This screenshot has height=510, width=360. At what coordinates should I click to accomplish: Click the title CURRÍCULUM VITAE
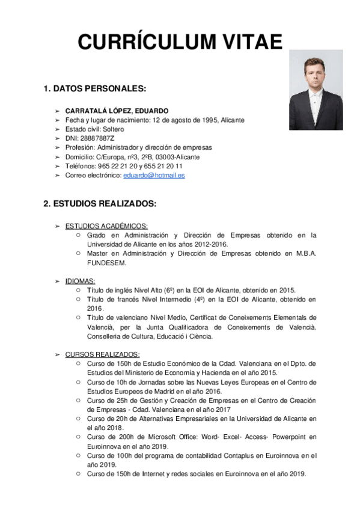click(180, 42)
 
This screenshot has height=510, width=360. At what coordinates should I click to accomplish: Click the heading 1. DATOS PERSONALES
click(94, 89)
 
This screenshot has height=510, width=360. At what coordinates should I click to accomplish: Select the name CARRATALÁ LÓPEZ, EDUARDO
click(117, 111)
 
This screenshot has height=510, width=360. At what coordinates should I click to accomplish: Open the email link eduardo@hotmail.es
click(154, 175)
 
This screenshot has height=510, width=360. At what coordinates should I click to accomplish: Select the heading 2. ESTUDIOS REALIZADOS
click(100, 204)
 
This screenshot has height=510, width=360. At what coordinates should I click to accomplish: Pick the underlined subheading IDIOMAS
click(80, 281)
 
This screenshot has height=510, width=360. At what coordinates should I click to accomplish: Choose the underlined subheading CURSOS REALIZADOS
click(102, 354)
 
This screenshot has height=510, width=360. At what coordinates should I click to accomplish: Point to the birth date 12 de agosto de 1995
click(185, 120)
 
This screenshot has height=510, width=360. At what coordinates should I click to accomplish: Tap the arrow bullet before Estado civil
click(57, 129)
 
